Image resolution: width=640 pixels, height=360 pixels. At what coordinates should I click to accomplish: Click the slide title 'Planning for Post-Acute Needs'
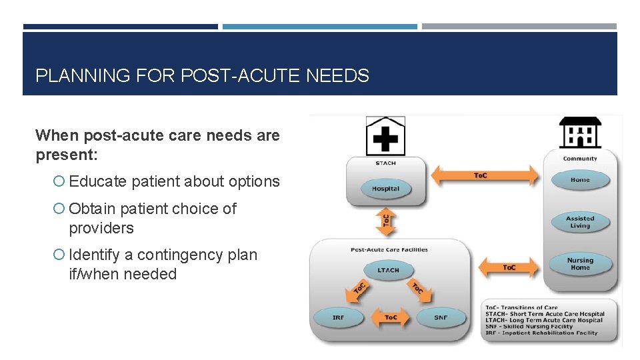coord(202,76)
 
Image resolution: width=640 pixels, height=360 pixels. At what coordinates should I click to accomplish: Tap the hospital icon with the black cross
coord(385,136)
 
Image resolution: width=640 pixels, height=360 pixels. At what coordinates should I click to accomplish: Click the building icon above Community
coord(579,133)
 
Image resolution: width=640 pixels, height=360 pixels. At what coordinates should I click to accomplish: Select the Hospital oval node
coord(385,189)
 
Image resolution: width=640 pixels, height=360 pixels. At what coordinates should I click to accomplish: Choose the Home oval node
coord(580,180)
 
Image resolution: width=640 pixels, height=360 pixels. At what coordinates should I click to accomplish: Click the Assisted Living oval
coord(580,222)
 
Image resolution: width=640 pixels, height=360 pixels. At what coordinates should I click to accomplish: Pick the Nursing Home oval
coord(580,264)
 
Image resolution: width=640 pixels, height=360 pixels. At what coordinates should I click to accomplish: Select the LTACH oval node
coord(388,270)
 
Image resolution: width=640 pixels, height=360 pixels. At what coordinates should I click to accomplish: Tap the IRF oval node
coord(338,317)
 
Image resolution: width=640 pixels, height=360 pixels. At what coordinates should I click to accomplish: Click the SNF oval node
coord(441,317)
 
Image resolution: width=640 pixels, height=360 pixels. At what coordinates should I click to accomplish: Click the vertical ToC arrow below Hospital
coord(386,221)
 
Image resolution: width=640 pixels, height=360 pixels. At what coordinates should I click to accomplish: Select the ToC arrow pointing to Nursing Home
coord(509,267)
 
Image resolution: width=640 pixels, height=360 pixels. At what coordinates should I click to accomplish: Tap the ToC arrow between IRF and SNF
coord(390,317)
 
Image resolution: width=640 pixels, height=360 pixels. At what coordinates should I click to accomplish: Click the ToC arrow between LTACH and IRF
coord(357,290)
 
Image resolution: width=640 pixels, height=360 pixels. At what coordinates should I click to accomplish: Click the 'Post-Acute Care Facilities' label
coord(389,250)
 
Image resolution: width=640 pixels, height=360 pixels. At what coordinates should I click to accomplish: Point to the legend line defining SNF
coord(529,327)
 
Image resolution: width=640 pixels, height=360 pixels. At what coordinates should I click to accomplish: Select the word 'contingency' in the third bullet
coord(171,255)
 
